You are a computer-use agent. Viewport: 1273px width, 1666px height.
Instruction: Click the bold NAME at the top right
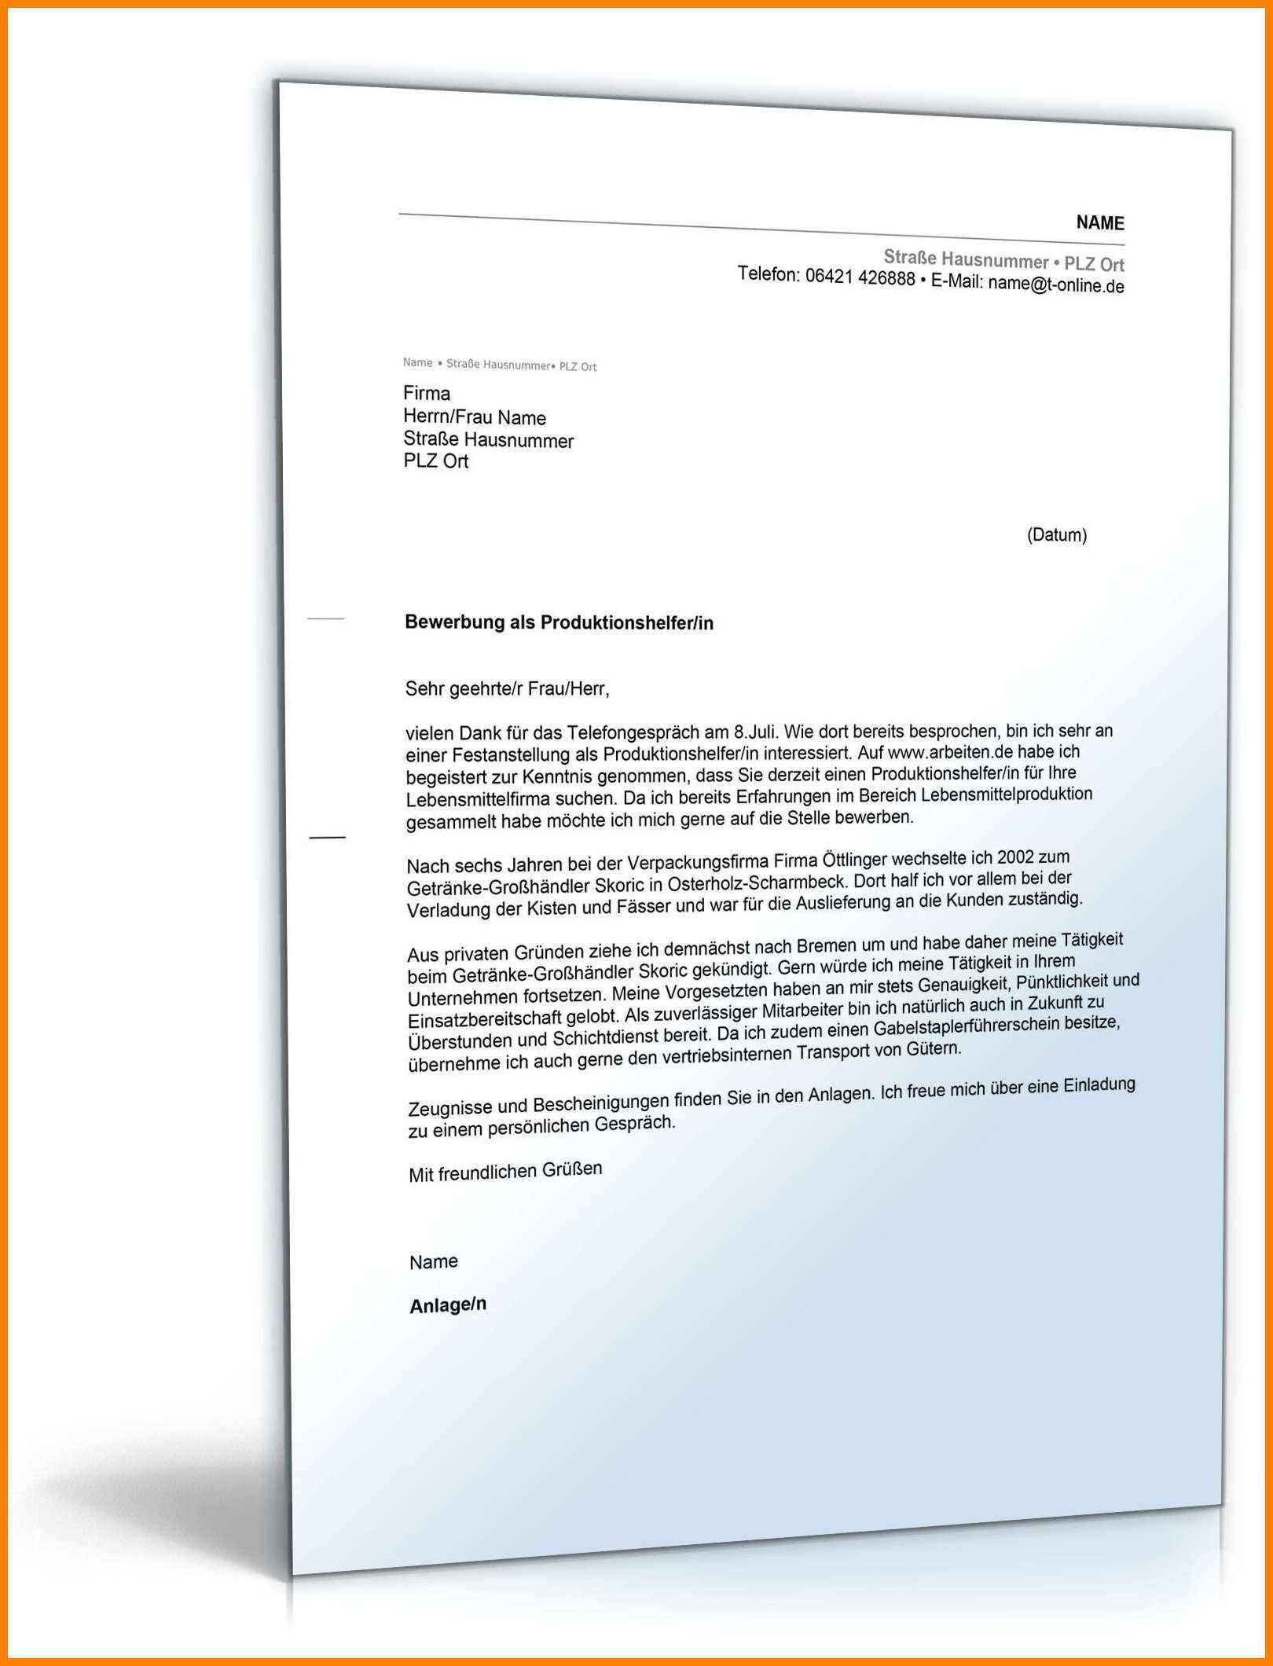coord(1099,223)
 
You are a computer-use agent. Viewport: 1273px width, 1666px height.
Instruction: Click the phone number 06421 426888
coord(860,278)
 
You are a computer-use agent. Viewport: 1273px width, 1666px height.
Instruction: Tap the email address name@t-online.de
coord(1055,285)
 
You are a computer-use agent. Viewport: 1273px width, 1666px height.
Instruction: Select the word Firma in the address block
coord(427,393)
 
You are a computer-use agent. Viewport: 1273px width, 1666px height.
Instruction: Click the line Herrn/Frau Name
coord(474,417)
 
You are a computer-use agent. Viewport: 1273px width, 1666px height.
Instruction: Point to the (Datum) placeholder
coord(1056,535)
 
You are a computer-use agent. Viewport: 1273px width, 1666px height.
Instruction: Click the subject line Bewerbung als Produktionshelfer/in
coord(559,622)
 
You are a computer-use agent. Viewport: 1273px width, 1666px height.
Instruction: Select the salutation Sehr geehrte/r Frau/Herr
coord(507,689)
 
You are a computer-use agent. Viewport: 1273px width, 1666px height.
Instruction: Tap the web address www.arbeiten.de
coord(950,751)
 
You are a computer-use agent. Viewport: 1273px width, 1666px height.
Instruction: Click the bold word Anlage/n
coord(448,1305)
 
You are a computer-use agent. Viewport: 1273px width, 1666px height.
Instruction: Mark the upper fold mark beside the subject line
coord(325,619)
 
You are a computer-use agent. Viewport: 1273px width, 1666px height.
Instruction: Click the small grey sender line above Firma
coord(500,365)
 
